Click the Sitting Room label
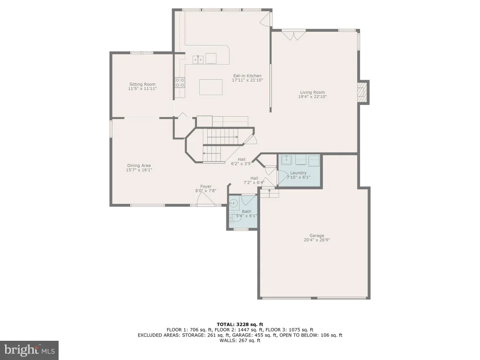(x=142, y=84)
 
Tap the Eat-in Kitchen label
(x=247, y=75)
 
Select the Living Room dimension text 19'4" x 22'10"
(x=313, y=97)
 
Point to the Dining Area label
(x=139, y=165)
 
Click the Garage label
(x=316, y=235)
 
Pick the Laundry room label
(x=298, y=172)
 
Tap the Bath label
(x=247, y=211)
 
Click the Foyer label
(x=206, y=186)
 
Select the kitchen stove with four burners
(x=180, y=82)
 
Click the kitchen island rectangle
(x=211, y=87)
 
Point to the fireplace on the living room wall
(x=364, y=92)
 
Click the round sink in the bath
(x=234, y=203)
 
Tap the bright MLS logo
(x=29, y=350)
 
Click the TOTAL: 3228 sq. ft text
(x=240, y=324)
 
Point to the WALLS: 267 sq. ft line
(x=240, y=340)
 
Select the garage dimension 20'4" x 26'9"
(x=316, y=240)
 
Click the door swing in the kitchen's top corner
(x=265, y=19)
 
